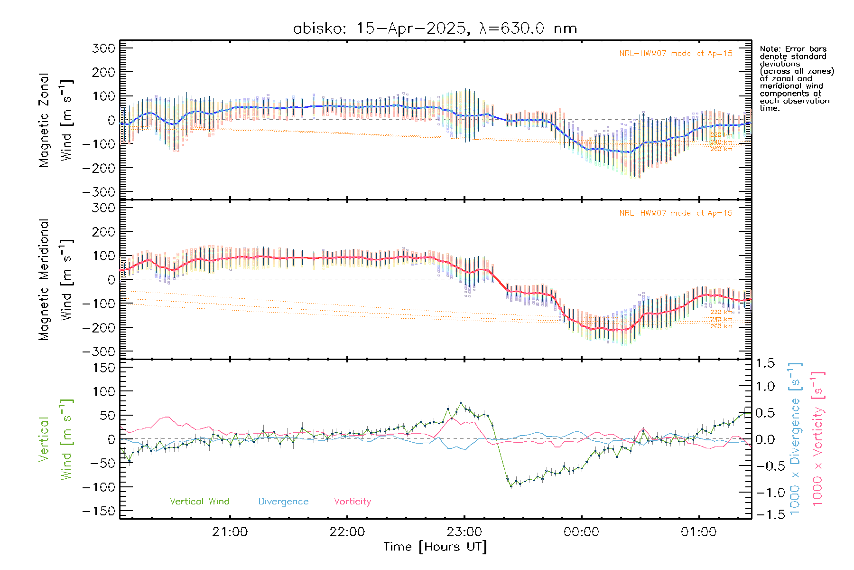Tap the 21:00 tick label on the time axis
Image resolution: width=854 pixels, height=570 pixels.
click(230, 532)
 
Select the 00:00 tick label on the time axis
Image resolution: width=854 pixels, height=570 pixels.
click(581, 532)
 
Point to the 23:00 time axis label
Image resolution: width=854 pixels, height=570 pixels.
click(464, 532)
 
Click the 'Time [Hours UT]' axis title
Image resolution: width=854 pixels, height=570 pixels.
click(435, 547)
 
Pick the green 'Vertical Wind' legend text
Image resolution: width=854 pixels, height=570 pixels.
click(199, 501)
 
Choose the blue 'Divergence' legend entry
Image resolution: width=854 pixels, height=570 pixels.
click(283, 501)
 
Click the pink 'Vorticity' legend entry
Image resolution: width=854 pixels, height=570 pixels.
click(352, 501)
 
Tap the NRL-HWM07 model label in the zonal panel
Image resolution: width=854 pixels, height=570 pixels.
click(676, 53)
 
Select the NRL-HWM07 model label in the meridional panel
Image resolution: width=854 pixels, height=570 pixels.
click(676, 213)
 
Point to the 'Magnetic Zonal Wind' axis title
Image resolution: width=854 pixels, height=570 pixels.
click(56, 120)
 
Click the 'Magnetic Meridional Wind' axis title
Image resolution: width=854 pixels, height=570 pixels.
click(56, 280)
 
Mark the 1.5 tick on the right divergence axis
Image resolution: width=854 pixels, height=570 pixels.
click(765, 363)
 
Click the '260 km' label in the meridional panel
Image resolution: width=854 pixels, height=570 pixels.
click(721, 326)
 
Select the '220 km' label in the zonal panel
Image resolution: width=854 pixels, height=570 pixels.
click(721, 135)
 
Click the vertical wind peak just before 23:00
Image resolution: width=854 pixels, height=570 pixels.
click(460, 403)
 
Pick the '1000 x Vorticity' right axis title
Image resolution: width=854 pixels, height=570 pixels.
click(818, 438)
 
